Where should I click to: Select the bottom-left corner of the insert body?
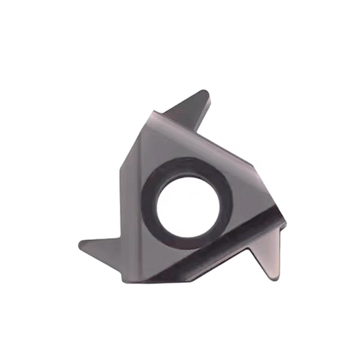click(124, 281)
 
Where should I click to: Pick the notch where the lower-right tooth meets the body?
click(250, 250)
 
